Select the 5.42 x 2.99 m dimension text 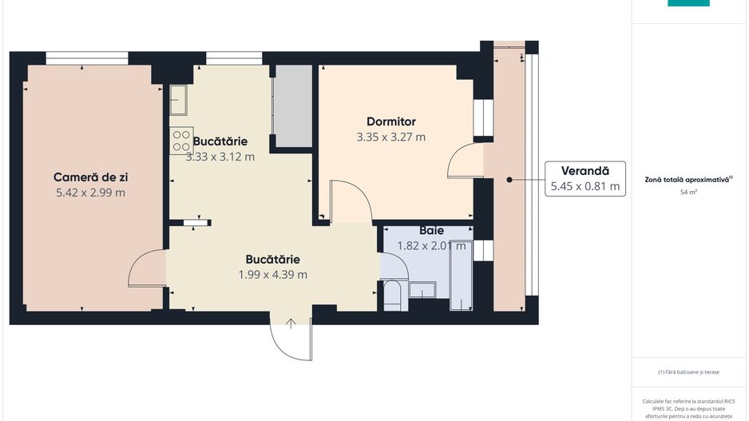click(x=90, y=193)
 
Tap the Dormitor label click(x=390, y=121)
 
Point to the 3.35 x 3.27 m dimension click(x=390, y=137)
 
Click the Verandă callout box click(x=585, y=178)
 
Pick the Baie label click(x=431, y=231)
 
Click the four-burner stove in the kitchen click(x=181, y=141)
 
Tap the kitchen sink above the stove click(x=178, y=100)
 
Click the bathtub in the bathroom click(x=462, y=275)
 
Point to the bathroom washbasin click(x=421, y=289)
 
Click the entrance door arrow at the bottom click(x=291, y=323)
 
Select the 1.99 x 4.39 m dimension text click(x=272, y=275)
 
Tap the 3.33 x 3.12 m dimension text click(x=220, y=157)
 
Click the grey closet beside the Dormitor click(x=293, y=105)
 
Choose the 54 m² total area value click(x=688, y=193)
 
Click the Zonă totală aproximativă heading click(x=688, y=181)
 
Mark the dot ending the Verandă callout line click(x=508, y=181)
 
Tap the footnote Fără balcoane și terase click(x=688, y=372)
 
